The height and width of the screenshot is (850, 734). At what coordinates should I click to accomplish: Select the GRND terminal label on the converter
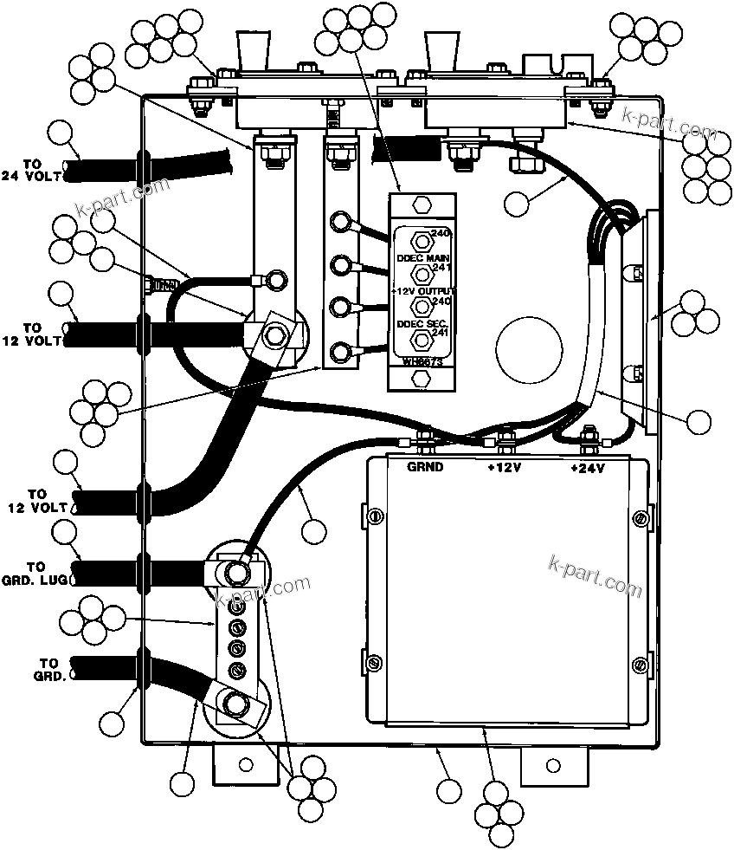tap(425, 467)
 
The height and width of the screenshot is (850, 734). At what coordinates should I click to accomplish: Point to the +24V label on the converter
tap(588, 468)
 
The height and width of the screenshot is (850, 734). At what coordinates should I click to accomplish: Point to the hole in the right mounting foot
tap(551, 764)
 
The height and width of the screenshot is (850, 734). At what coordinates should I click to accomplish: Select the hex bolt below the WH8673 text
tap(422, 378)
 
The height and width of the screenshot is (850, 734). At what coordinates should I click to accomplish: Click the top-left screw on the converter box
tap(375, 517)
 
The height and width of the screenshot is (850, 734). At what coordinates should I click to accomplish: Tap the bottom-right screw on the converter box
tap(638, 665)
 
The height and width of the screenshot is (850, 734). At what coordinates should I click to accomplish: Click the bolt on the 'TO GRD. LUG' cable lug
tap(235, 572)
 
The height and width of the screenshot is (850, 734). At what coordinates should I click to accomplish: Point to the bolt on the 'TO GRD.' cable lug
tap(234, 703)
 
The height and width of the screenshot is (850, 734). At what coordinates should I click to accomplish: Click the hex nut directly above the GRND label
tap(425, 437)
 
